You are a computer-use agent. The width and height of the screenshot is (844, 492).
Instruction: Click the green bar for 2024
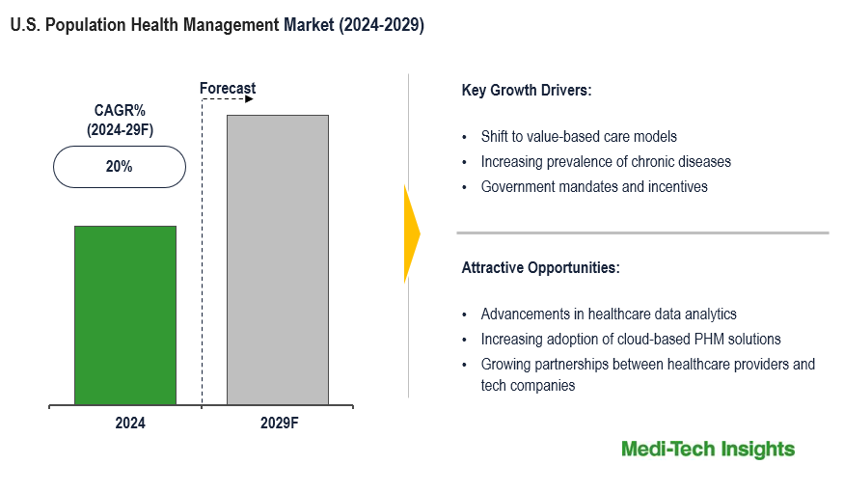[x=125, y=314]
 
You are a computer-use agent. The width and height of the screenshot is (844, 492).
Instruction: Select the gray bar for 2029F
[x=277, y=259]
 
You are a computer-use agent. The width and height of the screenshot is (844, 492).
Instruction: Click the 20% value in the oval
[x=119, y=167]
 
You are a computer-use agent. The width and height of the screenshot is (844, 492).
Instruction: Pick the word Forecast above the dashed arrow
[x=228, y=89]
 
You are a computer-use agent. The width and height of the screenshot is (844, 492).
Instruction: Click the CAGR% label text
[x=119, y=110]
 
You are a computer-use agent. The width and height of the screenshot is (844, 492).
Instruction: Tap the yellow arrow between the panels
[x=412, y=233]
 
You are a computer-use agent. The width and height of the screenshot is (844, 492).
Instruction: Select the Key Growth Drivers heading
[x=526, y=91]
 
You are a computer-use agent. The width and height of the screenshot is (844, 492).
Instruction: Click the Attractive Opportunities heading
[x=540, y=267]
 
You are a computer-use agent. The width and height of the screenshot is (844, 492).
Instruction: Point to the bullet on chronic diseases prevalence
[x=606, y=162]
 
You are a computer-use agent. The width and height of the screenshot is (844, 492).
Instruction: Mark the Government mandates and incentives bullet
[x=594, y=187]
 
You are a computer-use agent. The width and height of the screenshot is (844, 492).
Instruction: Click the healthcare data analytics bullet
[x=609, y=314]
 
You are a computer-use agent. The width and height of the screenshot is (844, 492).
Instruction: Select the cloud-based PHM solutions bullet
[x=631, y=340]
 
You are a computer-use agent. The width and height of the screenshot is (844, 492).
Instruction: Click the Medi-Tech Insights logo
[x=708, y=450]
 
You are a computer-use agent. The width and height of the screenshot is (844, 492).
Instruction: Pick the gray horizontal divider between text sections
[x=642, y=232]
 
